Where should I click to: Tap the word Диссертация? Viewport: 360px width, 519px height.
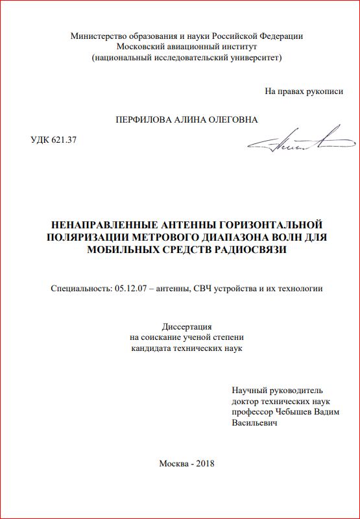click(x=187, y=327)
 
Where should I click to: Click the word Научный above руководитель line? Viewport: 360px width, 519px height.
click(x=249, y=391)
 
